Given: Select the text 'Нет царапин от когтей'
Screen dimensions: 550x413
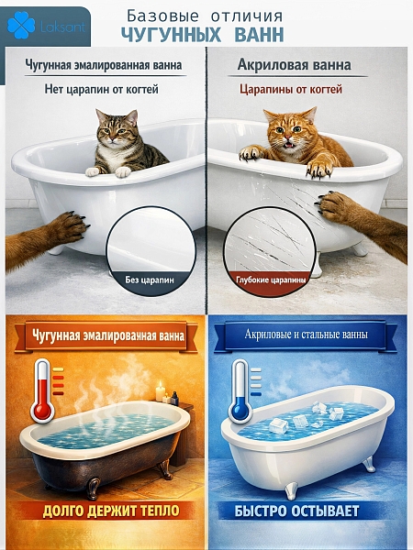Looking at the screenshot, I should pyautogui.click(x=102, y=90).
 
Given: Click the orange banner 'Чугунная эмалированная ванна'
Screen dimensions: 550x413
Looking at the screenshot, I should pyautogui.click(x=106, y=336).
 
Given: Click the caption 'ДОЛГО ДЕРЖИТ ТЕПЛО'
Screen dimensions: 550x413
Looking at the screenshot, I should pyautogui.click(x=104, y=511).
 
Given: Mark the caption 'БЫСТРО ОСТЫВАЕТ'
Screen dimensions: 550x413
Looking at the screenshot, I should pyautogui.click(x=308, y=511).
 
